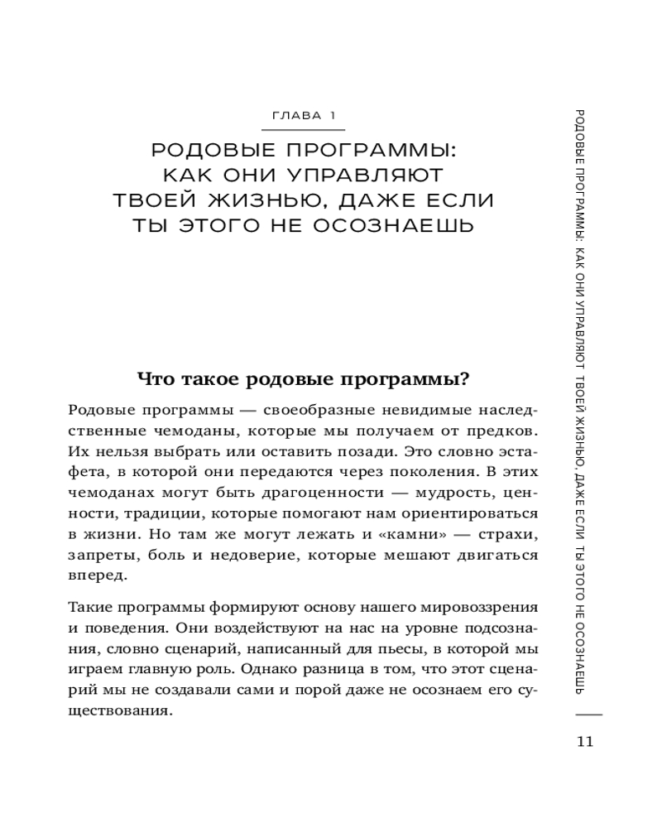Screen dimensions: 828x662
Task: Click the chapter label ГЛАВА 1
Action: point(308,116)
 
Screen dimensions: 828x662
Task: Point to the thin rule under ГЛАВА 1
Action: point(308,131)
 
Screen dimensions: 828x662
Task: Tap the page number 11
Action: point(585,740)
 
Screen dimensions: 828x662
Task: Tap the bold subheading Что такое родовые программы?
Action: point(303,378)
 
